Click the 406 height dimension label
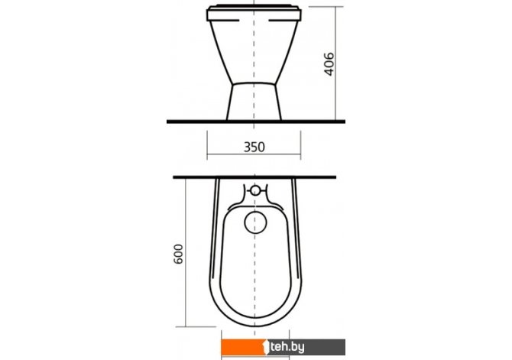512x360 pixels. (x=329, y=64)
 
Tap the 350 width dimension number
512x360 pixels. (x=254, y=147)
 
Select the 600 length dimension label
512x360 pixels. (x=178, y=254)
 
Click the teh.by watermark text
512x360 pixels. (x=287, y=347)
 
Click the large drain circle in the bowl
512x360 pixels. (x=255, y=222)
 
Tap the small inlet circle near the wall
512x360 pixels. (x=255, y=190)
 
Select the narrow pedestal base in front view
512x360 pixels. (x=254, y=101)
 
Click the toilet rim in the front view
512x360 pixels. (x=254, y=13)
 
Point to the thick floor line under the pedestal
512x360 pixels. (x=256, y=122)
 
